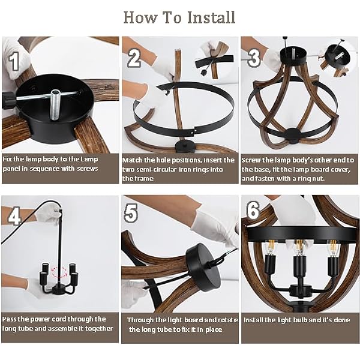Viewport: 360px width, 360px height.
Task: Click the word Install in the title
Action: [211, 17]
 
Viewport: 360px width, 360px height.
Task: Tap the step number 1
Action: [14, 61]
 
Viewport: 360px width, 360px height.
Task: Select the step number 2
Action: [134, 58]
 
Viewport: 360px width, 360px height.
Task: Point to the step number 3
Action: [254, 58]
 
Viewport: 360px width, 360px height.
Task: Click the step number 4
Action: [14, 216]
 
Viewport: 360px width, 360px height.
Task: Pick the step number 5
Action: [131, 213]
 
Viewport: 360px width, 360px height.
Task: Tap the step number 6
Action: [253, 211]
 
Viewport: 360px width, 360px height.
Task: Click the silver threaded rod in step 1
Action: [56, 104]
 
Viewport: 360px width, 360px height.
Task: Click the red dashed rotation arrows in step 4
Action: [59, 272]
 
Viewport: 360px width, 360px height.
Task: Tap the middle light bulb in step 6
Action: [298, 247]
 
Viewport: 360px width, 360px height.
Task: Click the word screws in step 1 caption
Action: [88, 169]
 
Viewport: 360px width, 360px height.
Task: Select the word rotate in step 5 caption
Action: [227, 320]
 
